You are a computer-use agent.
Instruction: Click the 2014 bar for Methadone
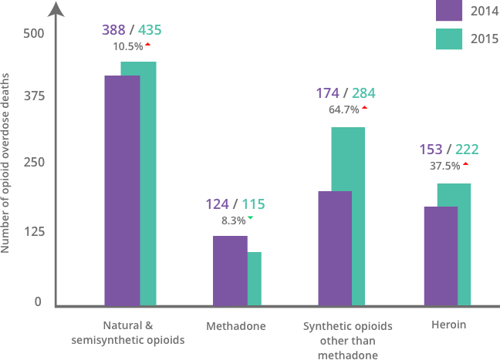(x=230, y=271)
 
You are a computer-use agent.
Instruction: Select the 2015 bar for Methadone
(x=255, y=279)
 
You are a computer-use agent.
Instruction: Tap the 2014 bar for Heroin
(x=441, y=256)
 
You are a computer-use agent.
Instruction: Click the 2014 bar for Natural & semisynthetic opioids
(x=121, y=190)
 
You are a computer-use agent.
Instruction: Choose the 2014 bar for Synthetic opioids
(x=335, y=248)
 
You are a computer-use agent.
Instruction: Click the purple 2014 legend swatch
(x=448, y=11)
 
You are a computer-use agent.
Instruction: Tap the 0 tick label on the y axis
(x=37, y=301)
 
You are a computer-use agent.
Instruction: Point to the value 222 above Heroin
(x=468, y=149)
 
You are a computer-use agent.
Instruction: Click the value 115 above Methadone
(x=253, y=204)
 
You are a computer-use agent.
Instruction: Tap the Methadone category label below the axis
(x=235, y=326)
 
